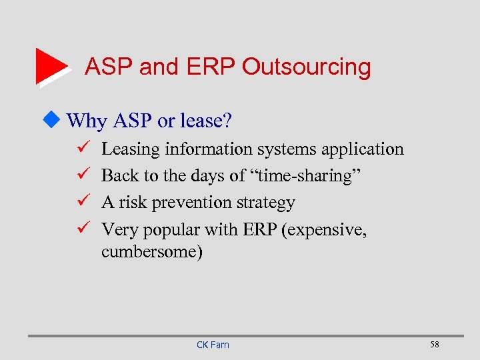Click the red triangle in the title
pyautogui.click(x=49, y=65)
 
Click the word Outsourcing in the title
pyautogui.click(x=306, y=67)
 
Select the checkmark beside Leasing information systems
pyautogui.click(x=75, y=148)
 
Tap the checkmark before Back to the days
pyautogui.click(x=75, y=175)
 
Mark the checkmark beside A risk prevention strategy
pyautogui.click(x=75, y=202)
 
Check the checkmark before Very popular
pyautogui.click(x=75, y=229)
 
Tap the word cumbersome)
pyautogui.click(x=152, y=252)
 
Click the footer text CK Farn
pyautogui.click(x=213, y=345)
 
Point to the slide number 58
pyautogui.click(x=435, y=345)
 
